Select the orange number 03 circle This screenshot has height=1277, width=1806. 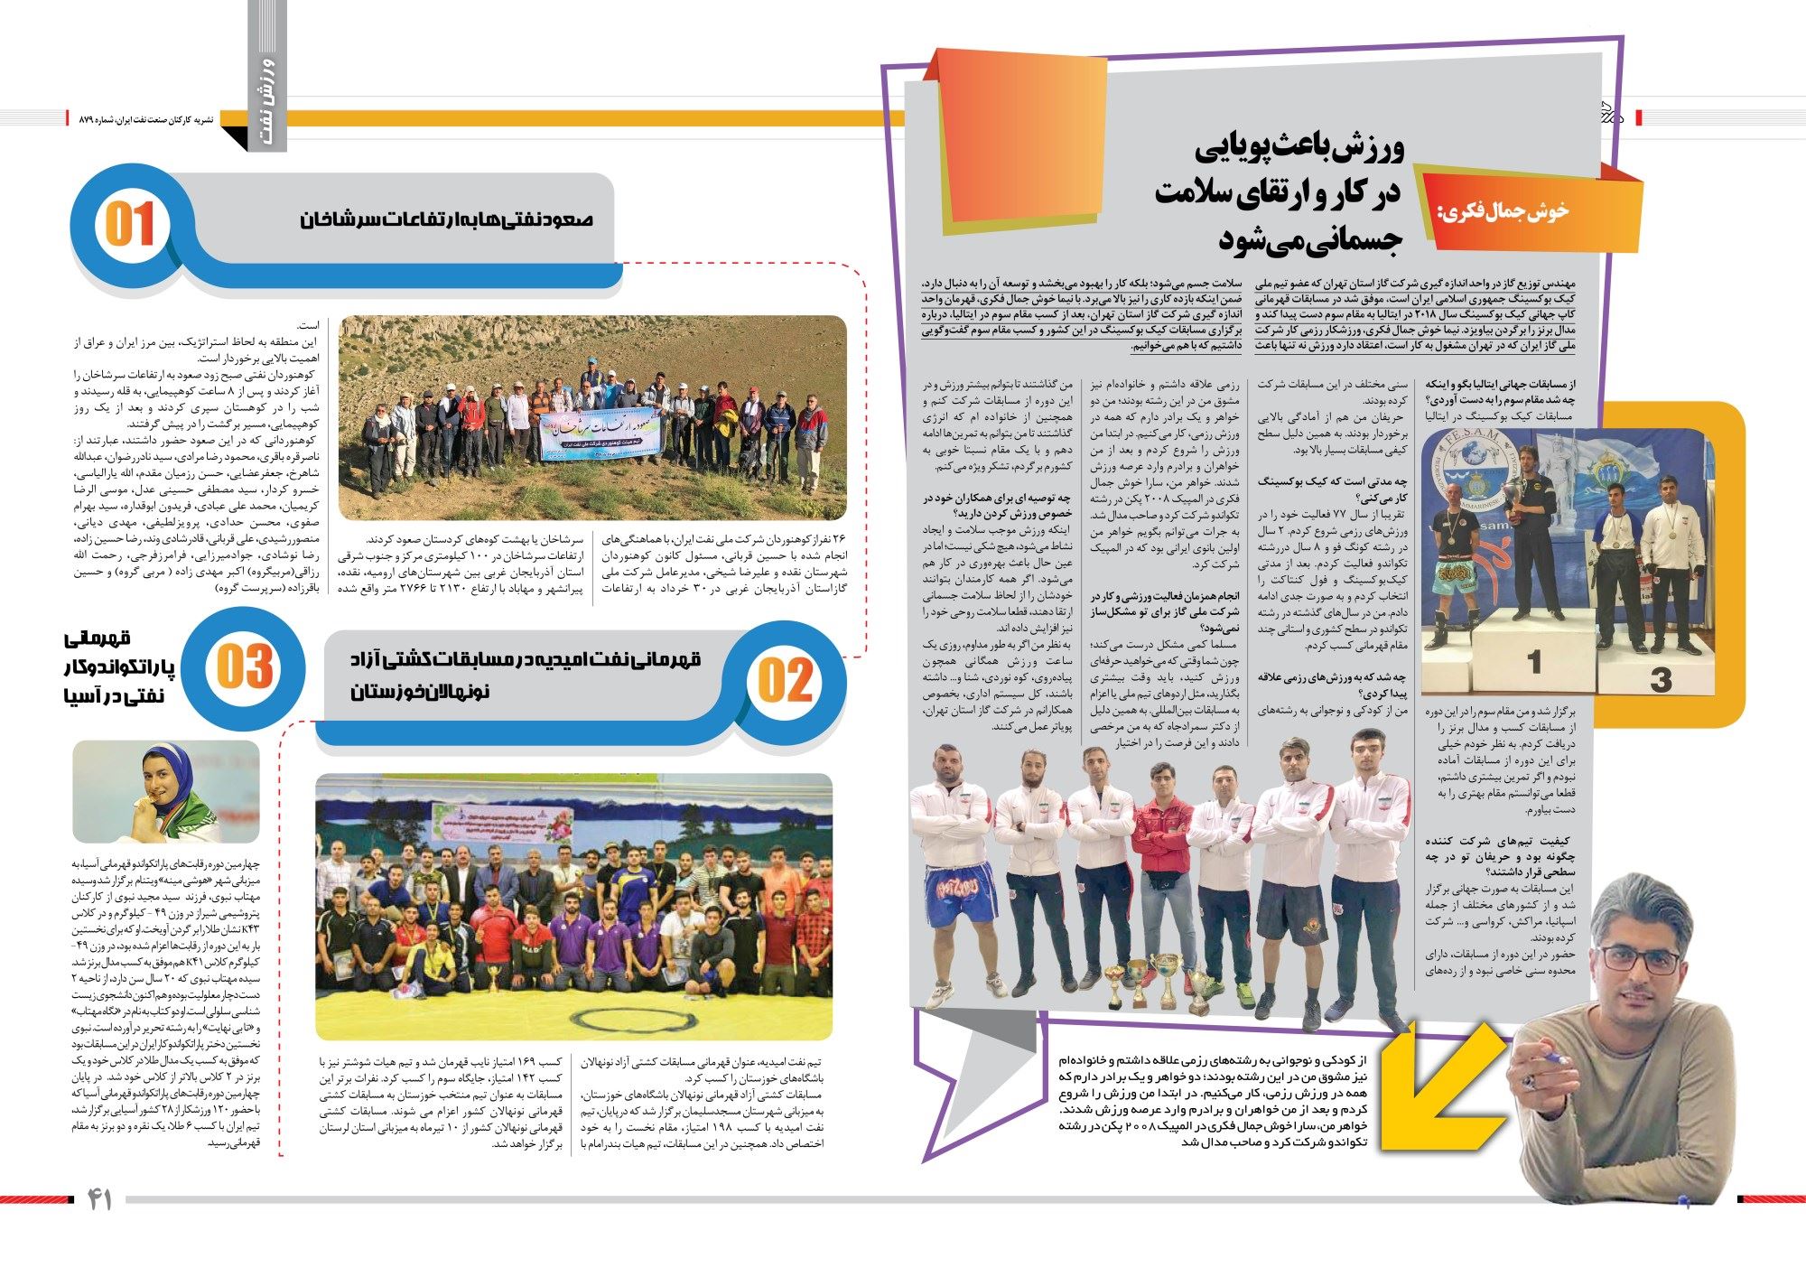[x=244, y=667]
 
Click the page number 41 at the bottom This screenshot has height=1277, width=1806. [x=98, y=1199]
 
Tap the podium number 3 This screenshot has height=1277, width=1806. [x=1660, y=679]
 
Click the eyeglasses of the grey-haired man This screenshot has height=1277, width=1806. [x=1638, y=959]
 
